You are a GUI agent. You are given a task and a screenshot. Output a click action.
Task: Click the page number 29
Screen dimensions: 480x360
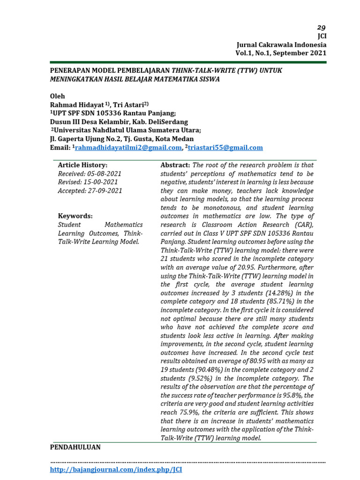[x=321, y=27]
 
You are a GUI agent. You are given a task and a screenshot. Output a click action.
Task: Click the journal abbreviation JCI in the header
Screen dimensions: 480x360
[x=322, y=36]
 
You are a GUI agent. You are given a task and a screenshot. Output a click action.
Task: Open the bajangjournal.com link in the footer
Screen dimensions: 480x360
[x=116, y=469]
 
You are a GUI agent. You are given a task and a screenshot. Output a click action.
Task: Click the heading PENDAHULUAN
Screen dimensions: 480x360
[x=75, y=447]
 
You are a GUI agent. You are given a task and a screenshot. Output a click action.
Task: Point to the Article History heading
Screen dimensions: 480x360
[x=82, y=165]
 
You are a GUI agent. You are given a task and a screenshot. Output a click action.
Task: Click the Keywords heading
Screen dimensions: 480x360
[x=75, y=216]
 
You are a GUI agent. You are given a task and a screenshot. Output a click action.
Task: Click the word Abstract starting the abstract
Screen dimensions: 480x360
[x=175, y=165]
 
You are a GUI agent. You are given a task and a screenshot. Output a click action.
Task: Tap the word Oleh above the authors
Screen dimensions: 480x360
[x=58, y=96]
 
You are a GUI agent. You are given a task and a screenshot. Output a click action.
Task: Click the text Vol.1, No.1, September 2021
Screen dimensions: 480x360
[x=281, y=53]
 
